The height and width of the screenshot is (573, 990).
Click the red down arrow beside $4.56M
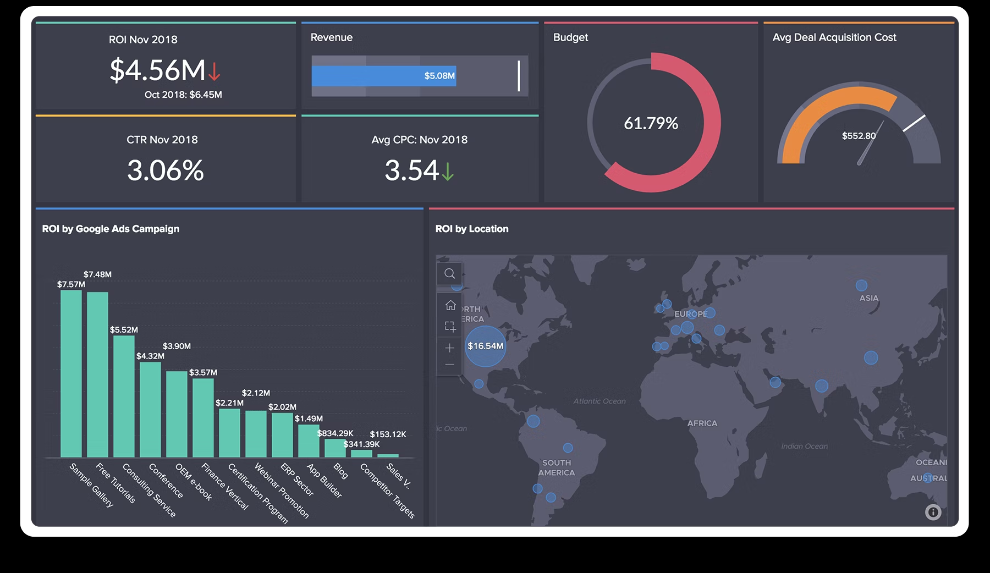(214, 71)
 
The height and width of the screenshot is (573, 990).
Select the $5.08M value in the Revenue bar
(439, 76)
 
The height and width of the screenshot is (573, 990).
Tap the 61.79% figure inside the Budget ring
(651, 123)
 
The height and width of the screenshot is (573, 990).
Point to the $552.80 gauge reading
(858, 136)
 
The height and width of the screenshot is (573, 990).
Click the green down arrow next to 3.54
(448, 171)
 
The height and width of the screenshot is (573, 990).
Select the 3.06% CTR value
(165, 170)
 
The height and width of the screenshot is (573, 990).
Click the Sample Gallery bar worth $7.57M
(71, 374)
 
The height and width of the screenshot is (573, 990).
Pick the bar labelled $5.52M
(124, 396)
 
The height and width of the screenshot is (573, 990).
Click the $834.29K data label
(335, 433)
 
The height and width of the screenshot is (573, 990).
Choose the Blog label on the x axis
(340, 471)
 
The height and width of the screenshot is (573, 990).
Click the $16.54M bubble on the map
(485, 346)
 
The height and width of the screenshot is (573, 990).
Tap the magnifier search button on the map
(449, 274)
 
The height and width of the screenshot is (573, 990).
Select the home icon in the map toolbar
(450, 305)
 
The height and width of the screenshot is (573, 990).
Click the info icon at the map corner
(933, 513)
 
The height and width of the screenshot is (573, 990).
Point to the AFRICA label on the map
(702, 423)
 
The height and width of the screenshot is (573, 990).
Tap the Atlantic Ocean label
(599, 401)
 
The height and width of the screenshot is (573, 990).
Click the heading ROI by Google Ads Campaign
(111, 229)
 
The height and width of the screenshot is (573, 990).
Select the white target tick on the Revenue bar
(519, 76)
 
